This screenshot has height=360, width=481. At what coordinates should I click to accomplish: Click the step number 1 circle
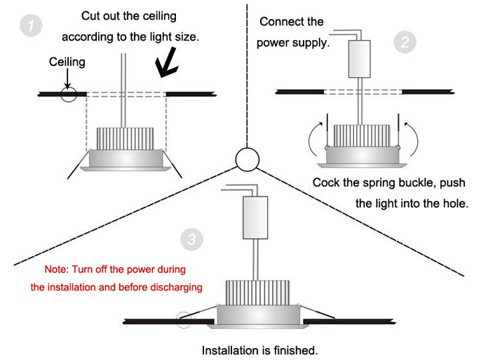tap(29, 27)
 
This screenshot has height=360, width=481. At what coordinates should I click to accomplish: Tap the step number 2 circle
tap(403, 43)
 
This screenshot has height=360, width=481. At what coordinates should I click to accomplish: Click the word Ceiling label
tap(67, 62)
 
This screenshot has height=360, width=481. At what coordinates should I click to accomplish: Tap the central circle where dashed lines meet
tap(246, 160)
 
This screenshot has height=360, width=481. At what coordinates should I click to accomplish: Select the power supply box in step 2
tap(360, 58)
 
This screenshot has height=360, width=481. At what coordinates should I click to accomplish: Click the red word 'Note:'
tap(57, 269)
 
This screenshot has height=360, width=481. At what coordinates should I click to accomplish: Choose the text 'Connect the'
tap(291, 22)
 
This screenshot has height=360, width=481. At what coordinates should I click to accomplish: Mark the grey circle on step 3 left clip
tap(184, 320)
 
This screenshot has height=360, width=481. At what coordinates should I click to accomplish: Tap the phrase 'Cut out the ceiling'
tap(129, 15)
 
